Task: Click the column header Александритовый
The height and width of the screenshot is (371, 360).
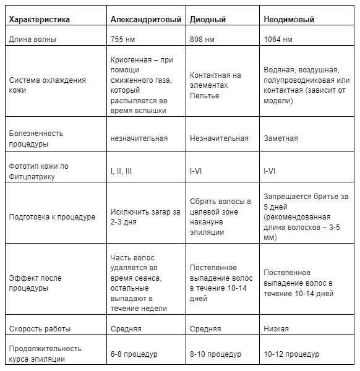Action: point(145,19)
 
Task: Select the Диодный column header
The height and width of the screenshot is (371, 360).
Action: point(208,19)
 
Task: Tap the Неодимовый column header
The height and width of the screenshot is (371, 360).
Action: point(289,19)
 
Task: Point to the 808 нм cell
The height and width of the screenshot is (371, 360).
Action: point(202,40)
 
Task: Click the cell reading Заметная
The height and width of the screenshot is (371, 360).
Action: point(280,139)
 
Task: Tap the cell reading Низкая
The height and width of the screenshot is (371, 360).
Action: point(276,329)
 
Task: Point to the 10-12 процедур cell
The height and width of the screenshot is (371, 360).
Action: point(291,354)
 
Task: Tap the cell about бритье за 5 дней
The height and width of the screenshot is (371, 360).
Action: point(306,216)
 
